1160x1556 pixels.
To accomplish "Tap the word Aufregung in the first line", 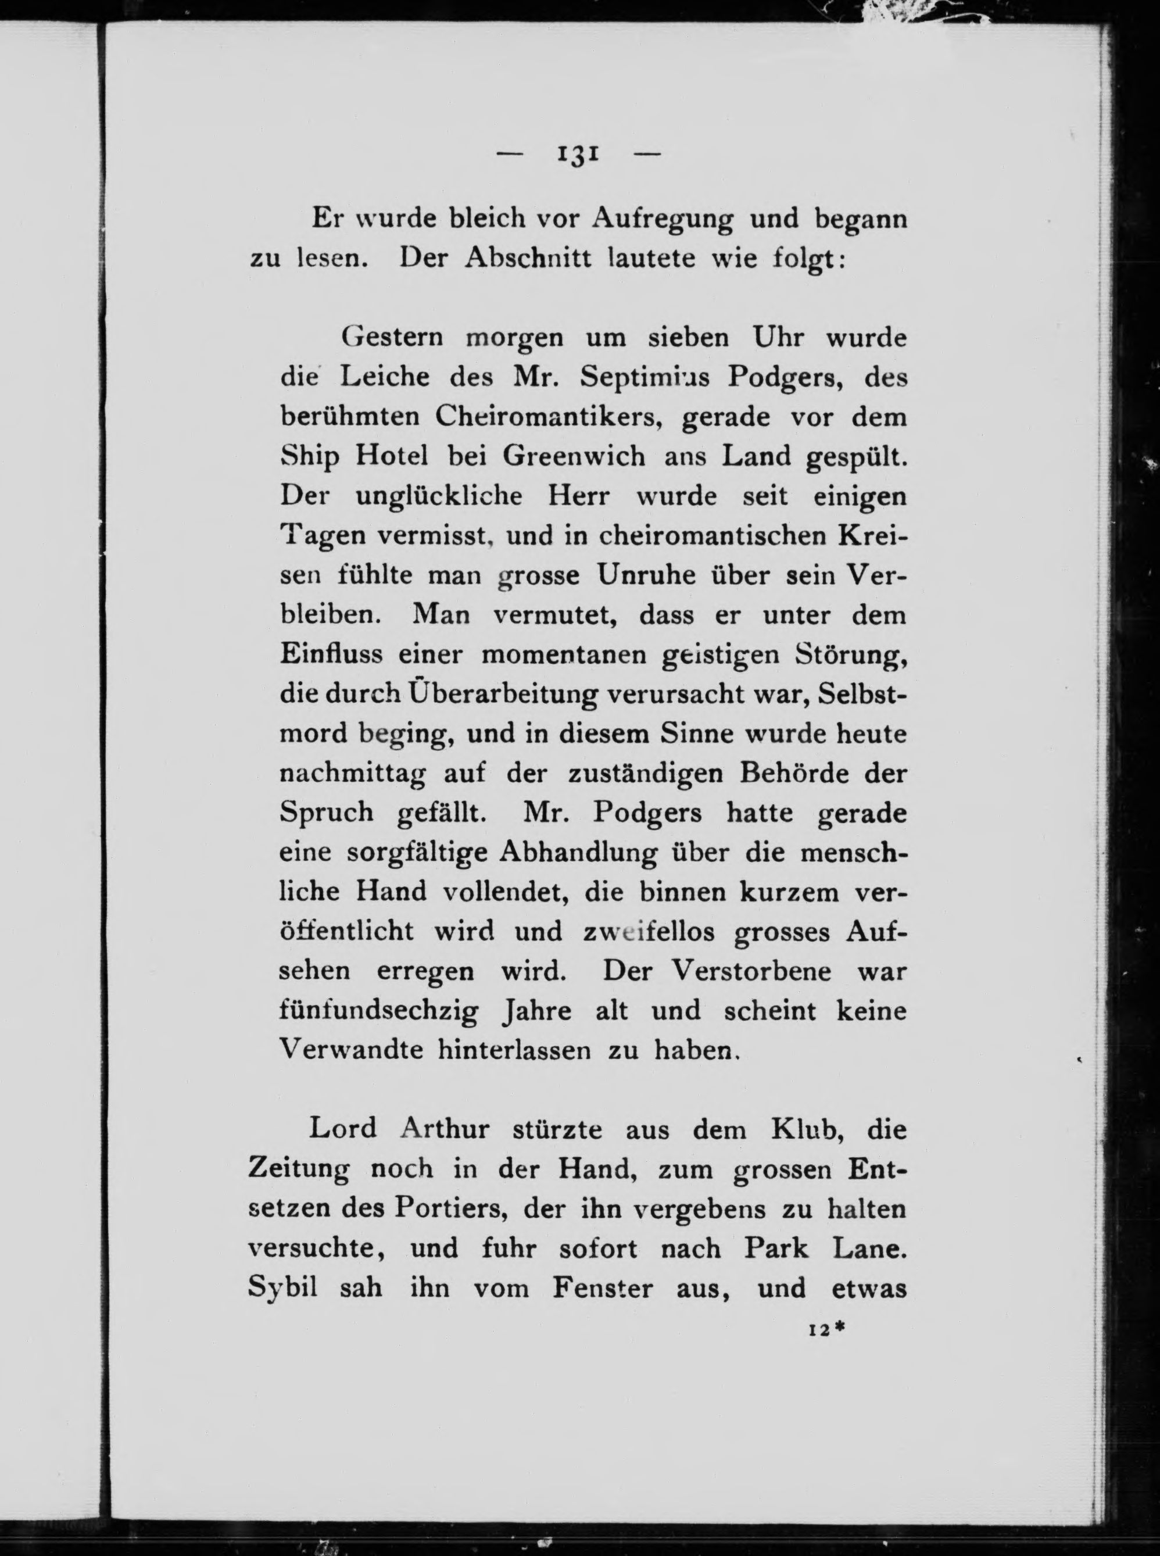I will pos(662,220).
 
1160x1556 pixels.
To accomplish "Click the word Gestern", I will pos(392,338).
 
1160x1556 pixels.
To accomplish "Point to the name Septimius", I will pos(645,378).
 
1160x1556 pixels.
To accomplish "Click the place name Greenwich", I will pos(574,457).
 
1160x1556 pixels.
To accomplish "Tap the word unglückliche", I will pos(439,496).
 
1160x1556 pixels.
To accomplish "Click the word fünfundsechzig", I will pos(379,1012).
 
